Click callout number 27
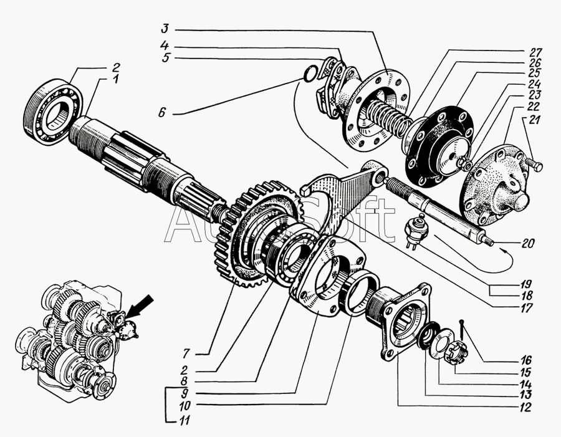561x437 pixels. click(536, 52)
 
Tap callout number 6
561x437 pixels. click(162, 113)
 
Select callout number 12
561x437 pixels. click(525, 407)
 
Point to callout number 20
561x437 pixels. click(528, 243)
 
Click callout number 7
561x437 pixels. click(186, 354)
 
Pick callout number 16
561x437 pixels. click(525, 360)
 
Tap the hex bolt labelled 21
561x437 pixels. click(534, 165)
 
